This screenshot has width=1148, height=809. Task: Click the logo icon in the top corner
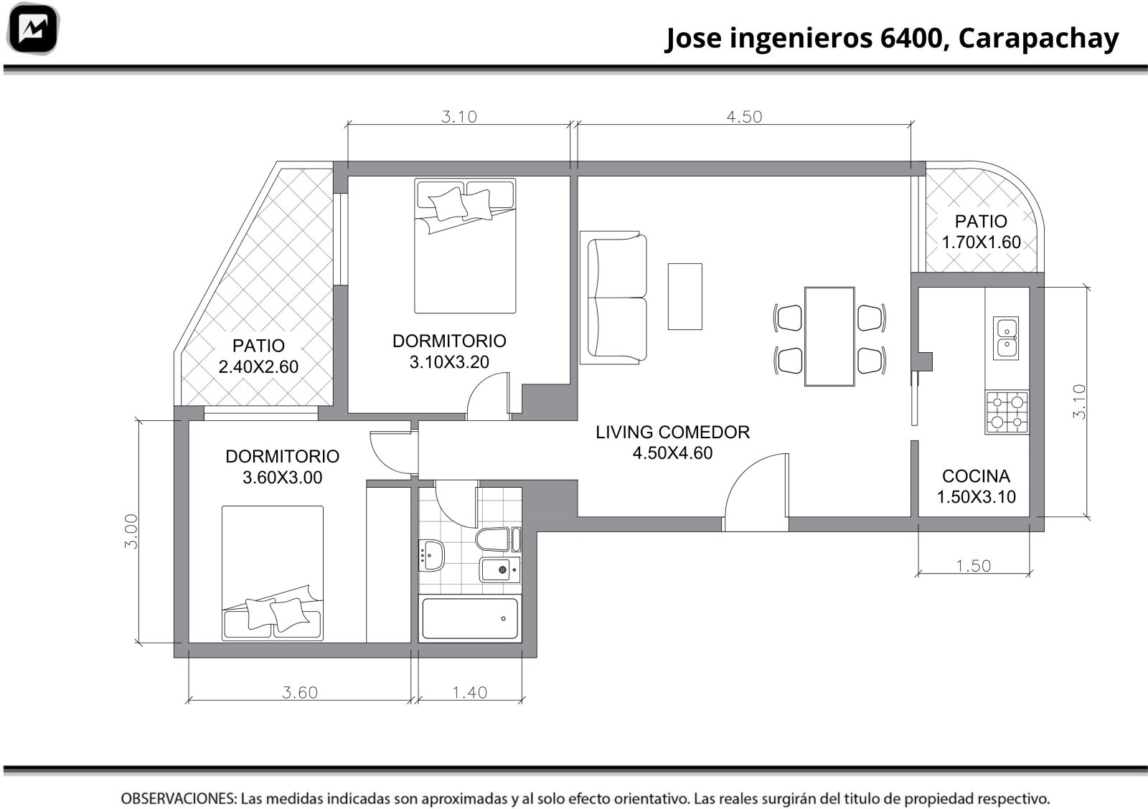33,29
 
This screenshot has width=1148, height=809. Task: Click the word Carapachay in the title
1038,39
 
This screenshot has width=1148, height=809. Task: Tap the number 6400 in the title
911,38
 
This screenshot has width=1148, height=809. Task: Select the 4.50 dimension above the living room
744,117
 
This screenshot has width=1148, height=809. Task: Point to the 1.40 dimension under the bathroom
469,693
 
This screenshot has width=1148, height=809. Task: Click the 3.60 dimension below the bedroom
300,693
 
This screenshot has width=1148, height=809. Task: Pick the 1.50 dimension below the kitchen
973,566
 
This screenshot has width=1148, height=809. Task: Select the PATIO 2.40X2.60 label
258,356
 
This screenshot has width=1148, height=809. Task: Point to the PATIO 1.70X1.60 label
981,232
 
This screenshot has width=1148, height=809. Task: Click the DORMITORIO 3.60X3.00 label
283,467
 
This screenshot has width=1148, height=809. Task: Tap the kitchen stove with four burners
1007,412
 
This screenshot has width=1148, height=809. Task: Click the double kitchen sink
1005,338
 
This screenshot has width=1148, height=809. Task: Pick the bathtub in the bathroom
469,618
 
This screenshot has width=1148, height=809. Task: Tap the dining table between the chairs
829,336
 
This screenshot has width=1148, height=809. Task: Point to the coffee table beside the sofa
684,297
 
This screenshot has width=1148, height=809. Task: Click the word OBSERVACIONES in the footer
179,798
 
